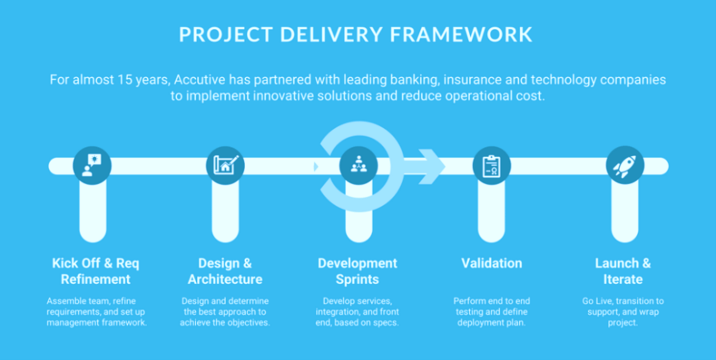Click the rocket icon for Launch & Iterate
(x=624, y=166)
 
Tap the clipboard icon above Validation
(x=491, y=166)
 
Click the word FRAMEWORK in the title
(x=461, y=35)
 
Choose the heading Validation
(x=491, y=263)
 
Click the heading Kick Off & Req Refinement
(x=96, y=271)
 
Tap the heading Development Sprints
(x=357, y=271)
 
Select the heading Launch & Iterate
(x=623, y=271)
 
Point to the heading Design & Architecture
(x=225, y=271)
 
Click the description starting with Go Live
(x=623, y=312)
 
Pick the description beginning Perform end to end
(x=491, y=312)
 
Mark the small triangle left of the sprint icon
(x=316, y=166)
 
